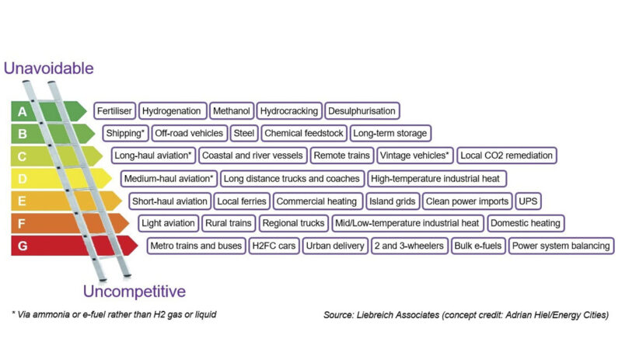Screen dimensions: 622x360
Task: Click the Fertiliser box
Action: pyautogui.click(x=114, y=110)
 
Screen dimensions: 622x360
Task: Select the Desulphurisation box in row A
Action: pyautogui.click(x=362, y=110)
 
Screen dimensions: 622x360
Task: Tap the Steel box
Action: pyautogui.click(x=244, y=133)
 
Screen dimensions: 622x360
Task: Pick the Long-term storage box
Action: pyautogui.click(x=390, y=133)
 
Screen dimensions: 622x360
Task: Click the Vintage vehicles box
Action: pyautogui.click(x=414, y=156)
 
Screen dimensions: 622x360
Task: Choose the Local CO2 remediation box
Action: pyautogui.click(x=507, y=156)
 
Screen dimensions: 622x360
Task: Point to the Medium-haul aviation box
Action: pyautogui.click(x=169, y=179)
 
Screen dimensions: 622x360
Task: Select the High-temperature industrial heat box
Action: pyautogui.click(x=436, y=179)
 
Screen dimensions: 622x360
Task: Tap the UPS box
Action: pyautogui.click(x=528, y=201)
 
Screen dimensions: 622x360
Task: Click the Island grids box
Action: pyautogui.click(x=393, y=201)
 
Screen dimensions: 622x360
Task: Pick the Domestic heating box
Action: pyautogui.click(x=526, y=223)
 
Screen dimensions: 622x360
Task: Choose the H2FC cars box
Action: pyautogui.click(x=274, y=246)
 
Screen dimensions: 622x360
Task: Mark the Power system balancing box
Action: pyautogui.click(x=561, y=246)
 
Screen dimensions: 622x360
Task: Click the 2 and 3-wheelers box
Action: pyautogui.click(x=409, y=246)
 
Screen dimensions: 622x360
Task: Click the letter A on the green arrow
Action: pyautogui.click(x=23, y=111)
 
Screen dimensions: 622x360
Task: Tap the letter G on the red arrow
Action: pyautogui.click(x=23, y=246)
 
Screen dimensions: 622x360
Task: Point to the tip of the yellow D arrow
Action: pyautogui.click(x=112, y=179)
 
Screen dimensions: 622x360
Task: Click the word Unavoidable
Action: pyautogui.click(x=49, y=68)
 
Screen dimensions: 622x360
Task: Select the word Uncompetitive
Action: pyautogui.click(x=135, y=292)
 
